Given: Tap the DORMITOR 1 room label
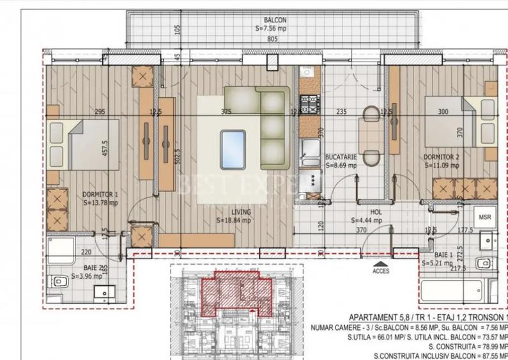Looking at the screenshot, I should pyautogui.click(x=100, y=194).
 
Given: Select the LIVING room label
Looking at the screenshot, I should pyautogui.click(x=241, y=212).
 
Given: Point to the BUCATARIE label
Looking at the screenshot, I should pyautogui.click(x=340, y=157).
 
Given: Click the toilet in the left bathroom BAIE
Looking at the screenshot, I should pyautogui.click(x=59, y=281).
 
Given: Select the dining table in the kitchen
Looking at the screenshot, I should pyautogui.click(x=369, y=134).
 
